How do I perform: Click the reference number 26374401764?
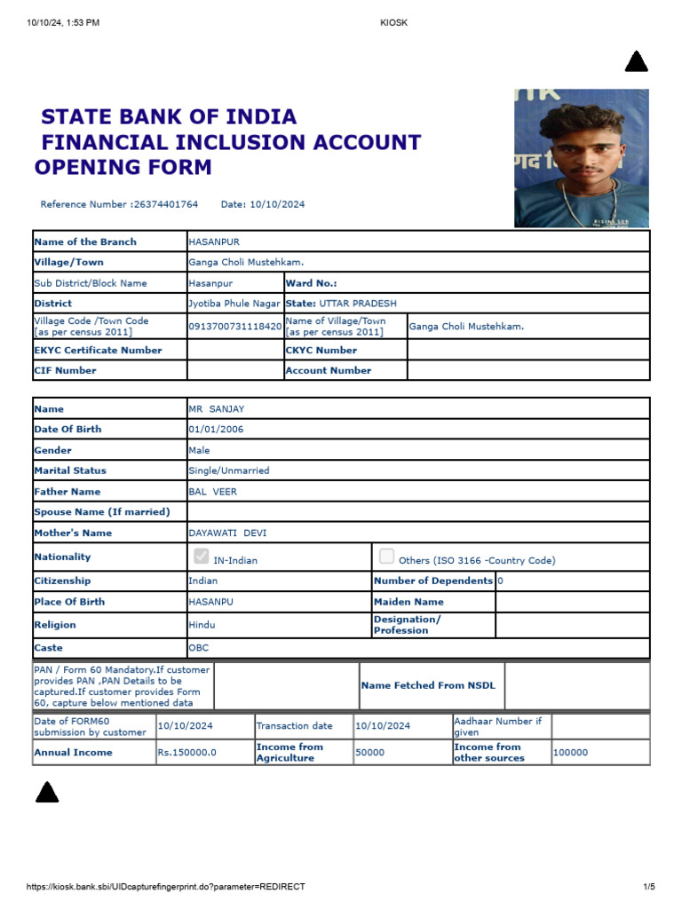click(x=165, y=204)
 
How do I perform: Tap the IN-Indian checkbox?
click(x=202, y=557)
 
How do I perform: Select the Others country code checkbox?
click(x=386, y=557)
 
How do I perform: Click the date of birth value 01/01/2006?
click(x=216, y=430)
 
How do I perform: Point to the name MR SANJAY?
click(x=216, y=409)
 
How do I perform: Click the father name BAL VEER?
click(x=213, y=492)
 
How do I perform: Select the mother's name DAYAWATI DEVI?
click(x=227, y=534)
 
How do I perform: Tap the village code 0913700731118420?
click(x=235, y=327)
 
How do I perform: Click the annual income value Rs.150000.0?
click(x=187, y=753)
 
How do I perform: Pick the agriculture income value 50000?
click(x=370, y=753)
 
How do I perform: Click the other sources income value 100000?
click(x=570, y=753)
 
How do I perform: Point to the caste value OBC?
click(x=199, y=649)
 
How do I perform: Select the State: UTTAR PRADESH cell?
click(x=342, y=304)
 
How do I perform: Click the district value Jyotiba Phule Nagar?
click(x=235, y=304)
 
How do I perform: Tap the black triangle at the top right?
click(x=637, y=62)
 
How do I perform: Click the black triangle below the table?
click(x=47, y=793)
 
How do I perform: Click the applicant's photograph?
click(x=582, y=158)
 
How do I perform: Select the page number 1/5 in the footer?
click(x=648, y=887)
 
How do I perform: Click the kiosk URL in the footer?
click(x=166, y=887)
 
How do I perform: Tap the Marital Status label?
click(x=70, y=471)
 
